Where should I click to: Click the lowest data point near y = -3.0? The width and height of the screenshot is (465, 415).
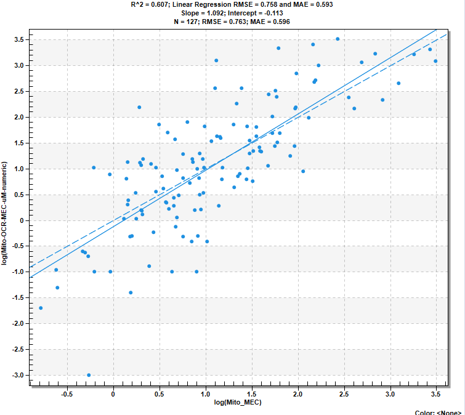89,375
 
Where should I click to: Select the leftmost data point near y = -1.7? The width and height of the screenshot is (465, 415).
41,308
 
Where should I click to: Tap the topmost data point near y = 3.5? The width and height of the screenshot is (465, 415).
338,39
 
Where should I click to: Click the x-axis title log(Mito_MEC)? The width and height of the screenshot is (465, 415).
238,402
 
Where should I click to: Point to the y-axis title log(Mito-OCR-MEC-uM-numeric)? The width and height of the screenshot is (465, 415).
4,213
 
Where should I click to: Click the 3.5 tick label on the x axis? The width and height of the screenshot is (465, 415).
435,394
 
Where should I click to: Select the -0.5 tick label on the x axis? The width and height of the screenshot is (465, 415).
67,394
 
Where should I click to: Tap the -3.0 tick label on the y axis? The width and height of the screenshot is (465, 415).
18,375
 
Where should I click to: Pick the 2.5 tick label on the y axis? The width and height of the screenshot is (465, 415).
19,91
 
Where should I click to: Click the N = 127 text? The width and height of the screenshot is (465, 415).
185,22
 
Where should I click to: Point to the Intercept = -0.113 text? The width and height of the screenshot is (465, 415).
256,13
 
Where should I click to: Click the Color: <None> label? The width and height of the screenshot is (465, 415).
438,413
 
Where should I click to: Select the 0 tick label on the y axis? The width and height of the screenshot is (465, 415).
22,220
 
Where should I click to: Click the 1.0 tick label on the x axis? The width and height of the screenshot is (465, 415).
205,394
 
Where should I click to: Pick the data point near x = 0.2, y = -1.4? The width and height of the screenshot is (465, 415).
131,292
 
